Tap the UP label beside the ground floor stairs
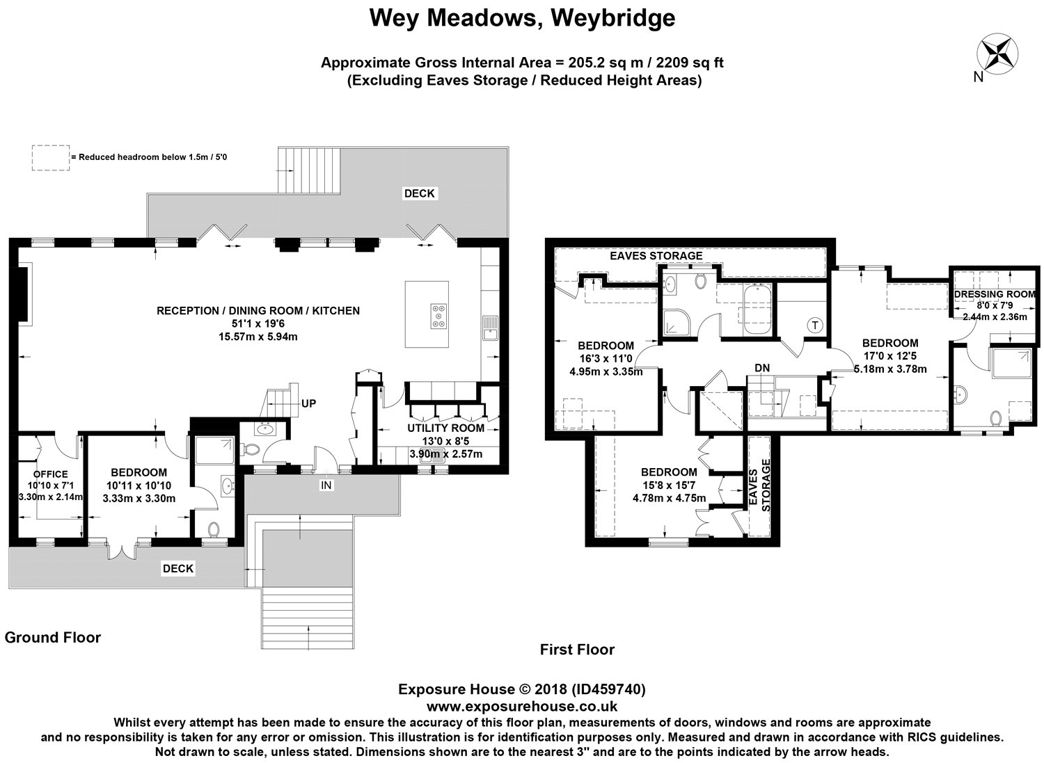click(308, 403)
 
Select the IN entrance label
click(326, 485)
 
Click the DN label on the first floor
click(762, 368)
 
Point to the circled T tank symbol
click(815, 325)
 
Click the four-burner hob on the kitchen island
click(438, 316)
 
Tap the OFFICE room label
click(50, 474)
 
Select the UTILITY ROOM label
click(445, 428)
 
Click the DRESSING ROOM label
click(995, 294)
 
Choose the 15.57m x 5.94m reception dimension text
click(258, 337)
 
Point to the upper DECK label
click(419, 193)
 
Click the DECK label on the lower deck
click(177, 568)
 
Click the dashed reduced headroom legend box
click(51, 157)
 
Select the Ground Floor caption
click(53, 637)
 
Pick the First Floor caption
click(577, 650)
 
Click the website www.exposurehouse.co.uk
click(521, 707)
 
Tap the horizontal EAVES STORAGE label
click(656, 256)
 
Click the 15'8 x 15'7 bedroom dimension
click(669, 485)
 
